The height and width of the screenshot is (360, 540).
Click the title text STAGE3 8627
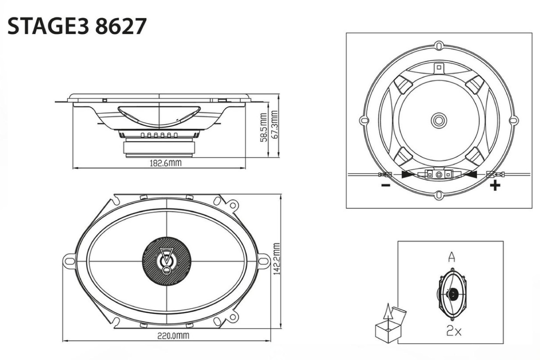[x=76, y=27]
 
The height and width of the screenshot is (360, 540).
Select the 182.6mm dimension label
[x=166, y=163]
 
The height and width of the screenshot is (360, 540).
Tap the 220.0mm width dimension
[x=173, y=336]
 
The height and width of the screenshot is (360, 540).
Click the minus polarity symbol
[x=385, y=185]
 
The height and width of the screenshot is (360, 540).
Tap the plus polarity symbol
[x=495, y=185]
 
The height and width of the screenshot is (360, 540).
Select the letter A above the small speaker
[x=451, y=257]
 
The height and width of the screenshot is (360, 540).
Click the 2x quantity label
[x=453, y=332]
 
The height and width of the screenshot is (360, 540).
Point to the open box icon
[x=387, y=324]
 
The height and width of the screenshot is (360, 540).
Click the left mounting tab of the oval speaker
[x=69, y=260]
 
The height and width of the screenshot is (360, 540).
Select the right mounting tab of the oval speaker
[x=263, y=260]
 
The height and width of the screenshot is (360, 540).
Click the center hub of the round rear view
[x=438, y=120]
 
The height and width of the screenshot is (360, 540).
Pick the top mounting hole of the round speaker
[x=439, y=46]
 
